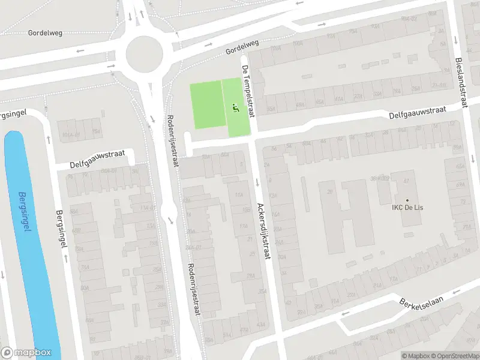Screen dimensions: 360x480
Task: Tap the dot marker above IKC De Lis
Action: [407, 200]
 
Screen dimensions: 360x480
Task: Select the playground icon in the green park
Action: [235, 108]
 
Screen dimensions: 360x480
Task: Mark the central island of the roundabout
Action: [144, 54]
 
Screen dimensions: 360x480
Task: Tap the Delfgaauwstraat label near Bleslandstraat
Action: [418, 110]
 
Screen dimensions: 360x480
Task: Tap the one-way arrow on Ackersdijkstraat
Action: [257, 182]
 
